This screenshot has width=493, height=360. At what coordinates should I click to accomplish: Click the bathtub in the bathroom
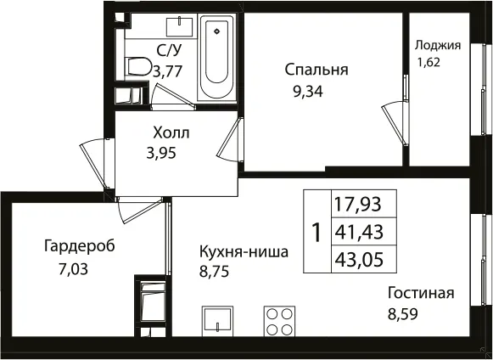point(217,58)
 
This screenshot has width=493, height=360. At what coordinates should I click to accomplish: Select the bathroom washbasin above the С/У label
point(179,27)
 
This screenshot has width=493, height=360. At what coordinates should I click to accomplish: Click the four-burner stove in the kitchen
point(279,322)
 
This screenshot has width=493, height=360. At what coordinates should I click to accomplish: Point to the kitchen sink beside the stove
point(217,322)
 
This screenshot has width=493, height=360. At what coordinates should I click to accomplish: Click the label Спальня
point(317,70)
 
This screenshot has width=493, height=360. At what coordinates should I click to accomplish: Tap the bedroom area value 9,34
point(308,92)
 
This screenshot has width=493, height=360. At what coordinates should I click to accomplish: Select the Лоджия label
point(438,46)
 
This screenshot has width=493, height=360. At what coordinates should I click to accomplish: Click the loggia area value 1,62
point(429,62)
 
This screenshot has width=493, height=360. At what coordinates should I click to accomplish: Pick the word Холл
point(171,132)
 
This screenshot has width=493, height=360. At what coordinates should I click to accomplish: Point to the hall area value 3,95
point(160,154)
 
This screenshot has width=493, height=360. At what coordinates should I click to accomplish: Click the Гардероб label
point(80,246)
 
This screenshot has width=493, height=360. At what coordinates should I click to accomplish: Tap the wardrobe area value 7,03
point(73,269)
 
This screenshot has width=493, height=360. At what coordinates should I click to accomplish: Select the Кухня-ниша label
point(244,252)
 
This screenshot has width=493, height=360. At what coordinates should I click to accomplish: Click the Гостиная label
point(421,293)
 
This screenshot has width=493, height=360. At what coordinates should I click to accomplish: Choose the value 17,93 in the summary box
point(358,204)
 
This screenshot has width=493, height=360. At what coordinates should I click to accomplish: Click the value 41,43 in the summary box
point(359,232)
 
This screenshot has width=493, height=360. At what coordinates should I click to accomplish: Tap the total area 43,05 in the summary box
point(359,260)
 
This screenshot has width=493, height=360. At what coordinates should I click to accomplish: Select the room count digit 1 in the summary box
point(317,233)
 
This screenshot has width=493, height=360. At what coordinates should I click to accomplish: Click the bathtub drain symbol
point(216,31)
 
